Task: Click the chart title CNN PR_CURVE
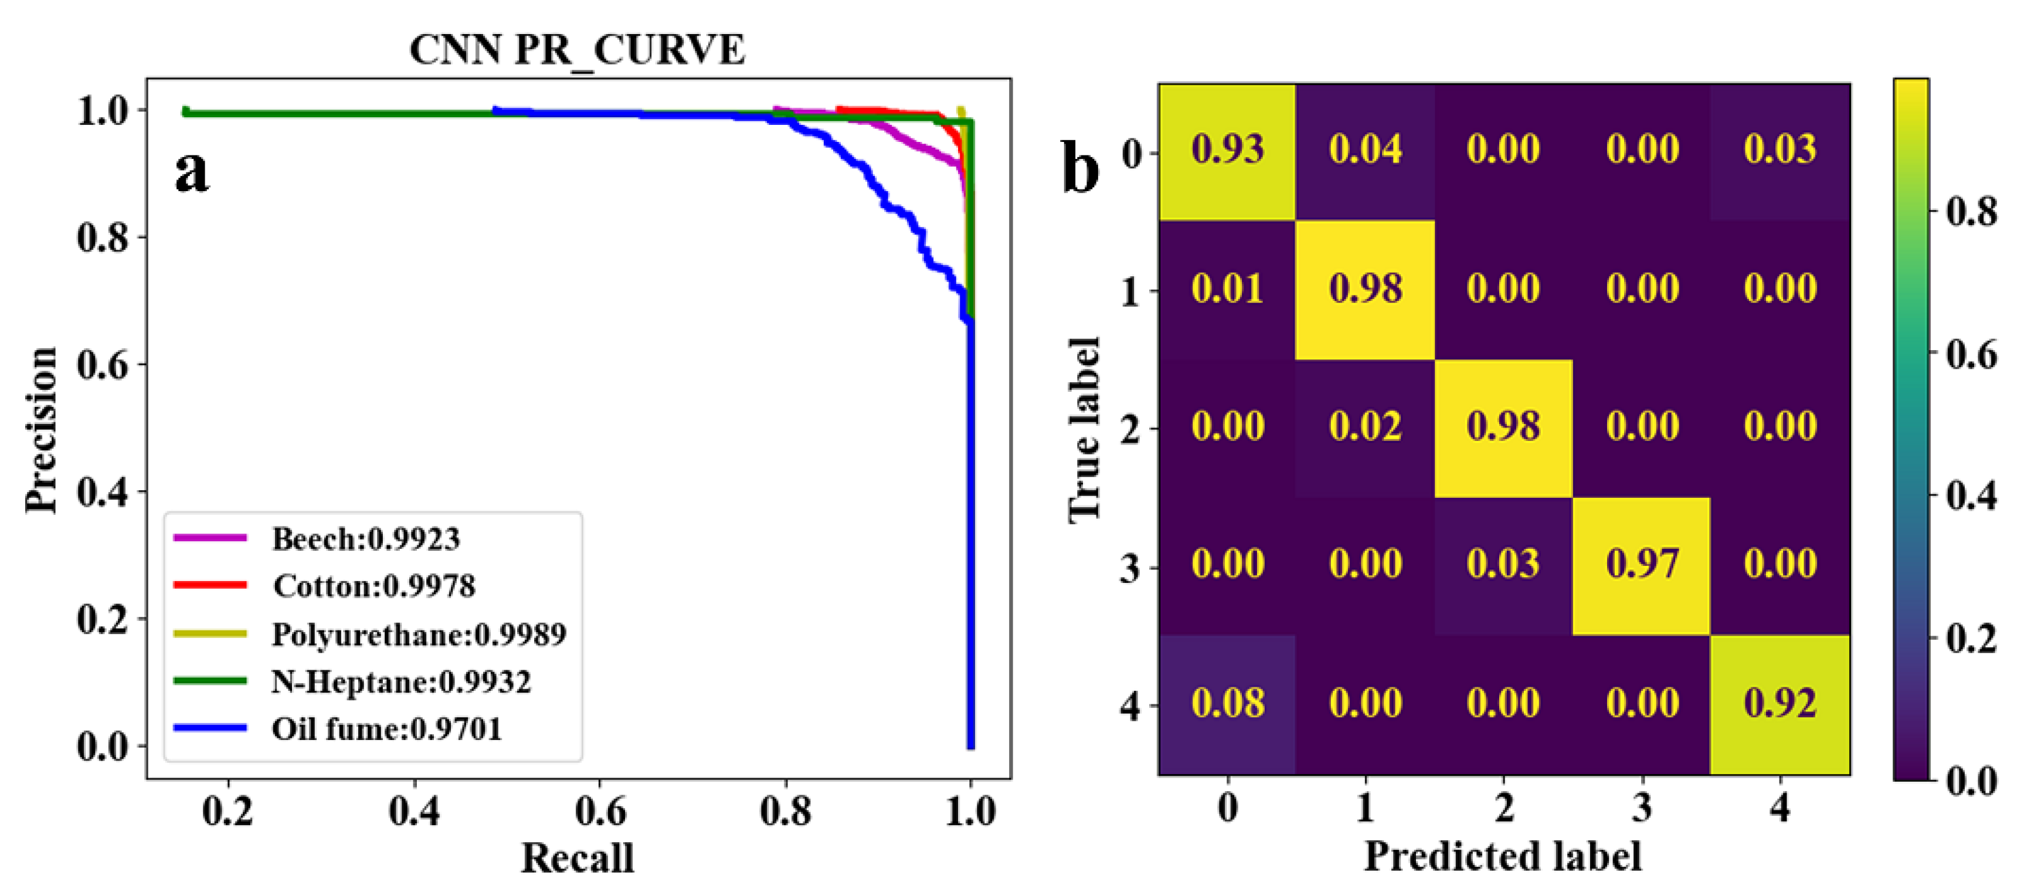[x=577, y=49]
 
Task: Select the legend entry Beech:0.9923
[x=365, y=538]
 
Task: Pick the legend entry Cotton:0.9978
[x=374, y=586]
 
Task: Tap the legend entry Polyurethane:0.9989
[x=419, y=633]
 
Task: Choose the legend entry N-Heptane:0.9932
[x=400, y=681]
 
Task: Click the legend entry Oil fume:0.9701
[x=386, y=729]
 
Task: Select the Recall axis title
[x=578, y=857]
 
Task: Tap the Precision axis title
[x=41, y=429]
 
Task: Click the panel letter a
[x=191, y=171]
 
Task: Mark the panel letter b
[x=1081, y=168]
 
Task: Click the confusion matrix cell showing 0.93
[x=1227, y=150]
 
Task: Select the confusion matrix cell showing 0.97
[x=1641, y=564]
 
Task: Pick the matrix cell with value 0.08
[x=1227, y=703]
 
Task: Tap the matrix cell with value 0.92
[x=1780, y=703]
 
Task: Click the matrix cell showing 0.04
[x=1365, y=150]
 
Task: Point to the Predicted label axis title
[x=1502, y=856]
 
